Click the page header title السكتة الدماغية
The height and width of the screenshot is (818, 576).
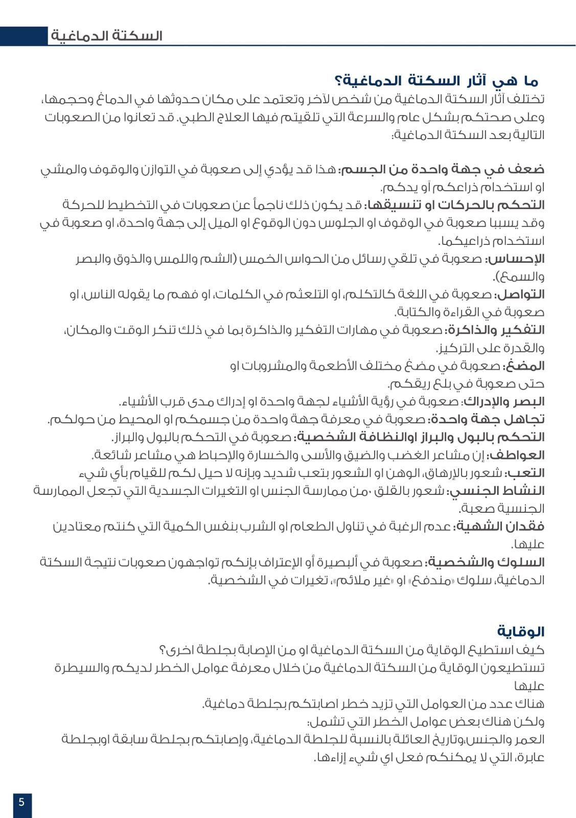(x=107, y=36)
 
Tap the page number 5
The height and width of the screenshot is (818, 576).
(x=21, y=802)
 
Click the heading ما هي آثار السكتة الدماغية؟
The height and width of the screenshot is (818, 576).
(x=436, y=81)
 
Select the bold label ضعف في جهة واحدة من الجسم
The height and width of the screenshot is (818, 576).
(x=443, y=169)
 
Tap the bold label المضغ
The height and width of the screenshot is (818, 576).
(x=524, y=366)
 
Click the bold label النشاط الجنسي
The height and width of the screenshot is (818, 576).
(x=496, y=491)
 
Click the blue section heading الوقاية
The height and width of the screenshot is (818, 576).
(x=521, y=631)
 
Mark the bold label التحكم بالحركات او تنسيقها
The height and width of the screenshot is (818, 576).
(x=454, y=205)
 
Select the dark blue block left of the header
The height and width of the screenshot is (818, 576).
(x=24, y=36)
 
